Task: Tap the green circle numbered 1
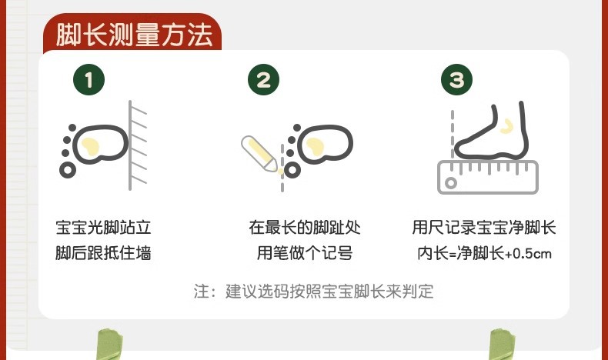coord(91,79)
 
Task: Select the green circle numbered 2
coord(264,79)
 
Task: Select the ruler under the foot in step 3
coord(487,177)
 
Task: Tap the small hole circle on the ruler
coord(449,182)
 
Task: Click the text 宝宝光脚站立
coord(103,228)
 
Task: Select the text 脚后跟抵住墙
coord(103,253)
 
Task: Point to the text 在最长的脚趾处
coord(304,228)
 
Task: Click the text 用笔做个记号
coord(304,253)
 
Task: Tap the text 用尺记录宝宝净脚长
coord(484,228)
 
